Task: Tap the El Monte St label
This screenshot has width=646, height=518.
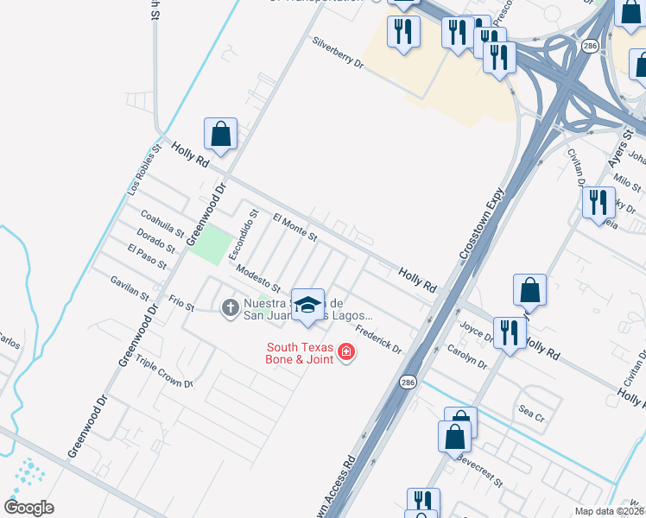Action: click(295, 227)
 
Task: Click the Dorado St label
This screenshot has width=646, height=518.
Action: click(157, 239)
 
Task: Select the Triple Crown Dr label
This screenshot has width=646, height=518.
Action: click(164, 371)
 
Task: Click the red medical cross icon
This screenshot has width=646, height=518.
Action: click(346, 352)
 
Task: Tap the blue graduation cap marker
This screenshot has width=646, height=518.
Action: click(307, 305)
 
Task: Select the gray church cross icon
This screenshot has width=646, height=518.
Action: click(231, 306)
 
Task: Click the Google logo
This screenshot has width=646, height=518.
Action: click(29, 507)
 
